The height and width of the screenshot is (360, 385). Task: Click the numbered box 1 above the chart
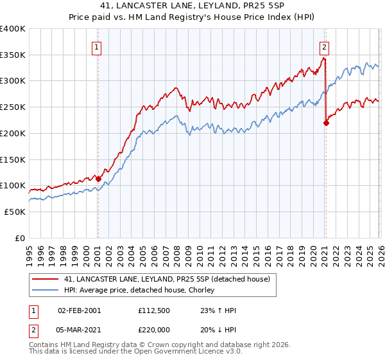[x=96, y=46]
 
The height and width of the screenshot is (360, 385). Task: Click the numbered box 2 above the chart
[x=325, y=46]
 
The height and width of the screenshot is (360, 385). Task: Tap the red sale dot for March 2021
[x=326, y=123]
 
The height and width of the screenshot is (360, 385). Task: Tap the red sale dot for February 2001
[x=98, y=179]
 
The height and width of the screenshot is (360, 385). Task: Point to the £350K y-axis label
[x=12, y=55]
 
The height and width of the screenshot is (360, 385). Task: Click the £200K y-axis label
[x=12, y=133]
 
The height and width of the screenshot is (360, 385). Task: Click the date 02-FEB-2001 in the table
[x=79, y=310]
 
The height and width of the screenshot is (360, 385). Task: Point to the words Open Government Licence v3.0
[x=187, y=354]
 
